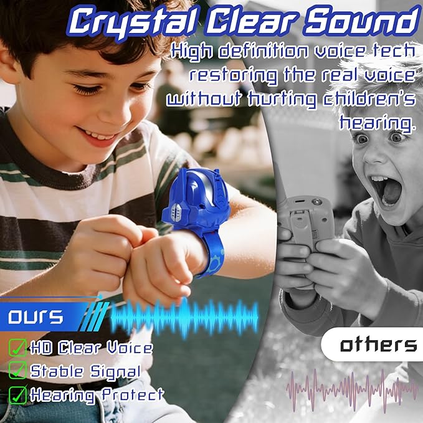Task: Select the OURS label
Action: coord(36,317)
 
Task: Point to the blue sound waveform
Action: coord(184,317)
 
